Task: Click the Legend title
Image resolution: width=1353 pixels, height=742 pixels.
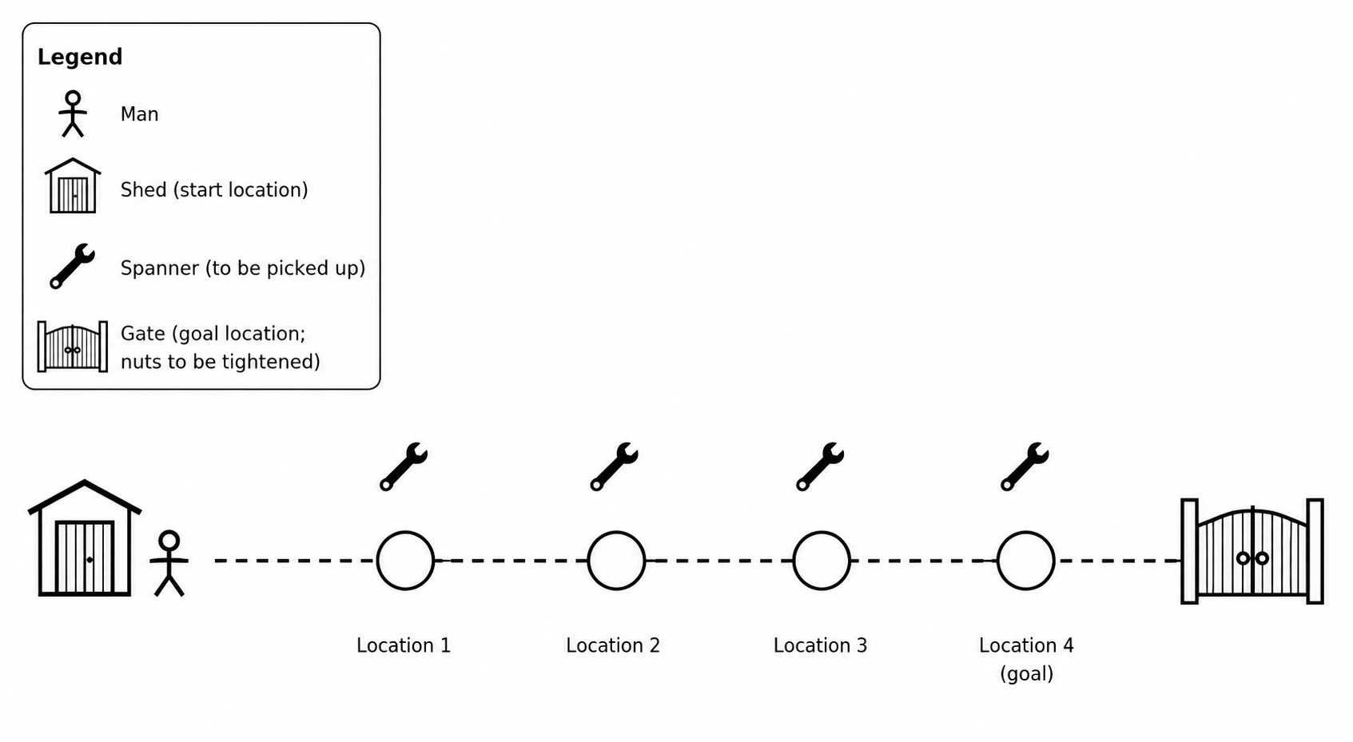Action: coord(80,57)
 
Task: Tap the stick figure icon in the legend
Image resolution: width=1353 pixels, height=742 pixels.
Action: coord(73,114)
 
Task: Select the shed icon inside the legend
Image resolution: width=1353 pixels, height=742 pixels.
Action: coord(73,185)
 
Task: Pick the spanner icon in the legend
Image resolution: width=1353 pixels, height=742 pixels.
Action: coord(73,266)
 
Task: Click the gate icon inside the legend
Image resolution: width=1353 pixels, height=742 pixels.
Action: coord(73,347)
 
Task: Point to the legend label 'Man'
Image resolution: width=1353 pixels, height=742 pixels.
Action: coord(140,114)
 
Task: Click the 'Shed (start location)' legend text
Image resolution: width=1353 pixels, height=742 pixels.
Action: coord(214,189)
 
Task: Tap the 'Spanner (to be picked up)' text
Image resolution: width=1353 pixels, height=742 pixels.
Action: coord(243,268)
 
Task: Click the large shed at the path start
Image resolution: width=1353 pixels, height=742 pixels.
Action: coord(85,538)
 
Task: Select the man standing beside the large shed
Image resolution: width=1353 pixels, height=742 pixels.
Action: coord(169,563)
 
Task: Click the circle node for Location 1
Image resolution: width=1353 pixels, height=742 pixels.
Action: coord(405,560)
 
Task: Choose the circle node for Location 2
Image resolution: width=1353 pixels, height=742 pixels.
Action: coord(616,560)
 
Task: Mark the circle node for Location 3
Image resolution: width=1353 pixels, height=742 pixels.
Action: coord(822,560)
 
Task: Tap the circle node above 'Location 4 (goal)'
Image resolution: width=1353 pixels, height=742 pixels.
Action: coord(1025,560)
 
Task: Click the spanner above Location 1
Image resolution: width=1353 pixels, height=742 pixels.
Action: coord(404,466)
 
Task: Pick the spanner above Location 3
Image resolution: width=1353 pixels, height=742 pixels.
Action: coord(820,466)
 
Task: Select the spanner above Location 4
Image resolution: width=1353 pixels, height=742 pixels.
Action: coord(1025,466)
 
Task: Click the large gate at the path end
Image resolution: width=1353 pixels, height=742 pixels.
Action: coord(1252,551)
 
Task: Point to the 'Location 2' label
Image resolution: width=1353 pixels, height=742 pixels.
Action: coord(613,645)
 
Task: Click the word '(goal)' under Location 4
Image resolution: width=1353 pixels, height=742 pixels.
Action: coord(1026,673)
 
